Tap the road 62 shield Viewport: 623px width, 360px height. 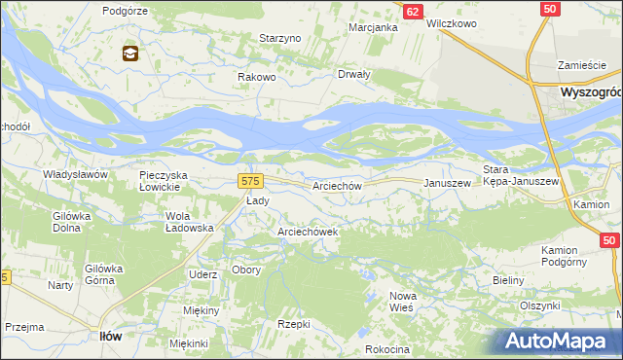pos(413,11)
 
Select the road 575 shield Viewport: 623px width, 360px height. pos(250,181)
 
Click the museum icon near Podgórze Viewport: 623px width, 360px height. pos(129,54)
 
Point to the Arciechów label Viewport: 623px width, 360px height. pos(337,185)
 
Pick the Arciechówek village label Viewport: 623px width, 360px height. pos(308,233)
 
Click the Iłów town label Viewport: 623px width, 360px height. pos(111,335)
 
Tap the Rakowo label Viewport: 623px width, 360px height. pos(258,77)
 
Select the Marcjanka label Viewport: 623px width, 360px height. pos(374,27)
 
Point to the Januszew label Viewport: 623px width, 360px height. pos(447,183)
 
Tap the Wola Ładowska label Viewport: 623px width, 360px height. pos(189,222)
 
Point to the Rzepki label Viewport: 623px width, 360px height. pos(293,324)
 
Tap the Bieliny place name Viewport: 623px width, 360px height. pos(508,280)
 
